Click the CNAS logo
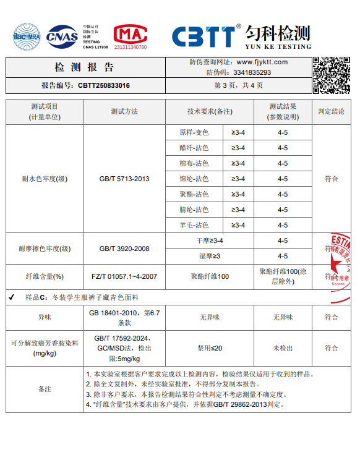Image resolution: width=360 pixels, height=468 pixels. coord(62,36)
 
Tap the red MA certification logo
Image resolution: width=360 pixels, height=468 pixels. coord(131,36)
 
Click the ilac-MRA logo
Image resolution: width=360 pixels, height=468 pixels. coord(26,36)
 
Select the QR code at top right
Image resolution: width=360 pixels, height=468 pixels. coord(332,75)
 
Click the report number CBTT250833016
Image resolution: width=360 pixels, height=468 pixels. coord(104,86)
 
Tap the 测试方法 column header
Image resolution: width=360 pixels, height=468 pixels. coord(124,111)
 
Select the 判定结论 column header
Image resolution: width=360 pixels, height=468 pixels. coord(331,111)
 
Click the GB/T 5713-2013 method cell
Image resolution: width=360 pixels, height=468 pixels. coord(124,179)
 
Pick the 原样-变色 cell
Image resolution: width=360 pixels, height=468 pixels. coord(194,132)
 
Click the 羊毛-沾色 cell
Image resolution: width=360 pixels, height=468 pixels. coord(194,225)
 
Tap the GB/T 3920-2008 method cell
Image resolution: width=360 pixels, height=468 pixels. coord(124,249)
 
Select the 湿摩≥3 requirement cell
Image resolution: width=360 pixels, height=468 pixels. coord(209,256)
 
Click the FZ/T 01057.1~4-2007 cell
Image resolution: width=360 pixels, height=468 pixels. coord(124,276)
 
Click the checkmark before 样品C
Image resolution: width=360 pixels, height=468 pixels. coord(12,297)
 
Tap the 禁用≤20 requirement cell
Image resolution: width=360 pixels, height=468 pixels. coord(209,348)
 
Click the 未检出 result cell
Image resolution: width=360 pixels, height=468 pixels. coord(283,348)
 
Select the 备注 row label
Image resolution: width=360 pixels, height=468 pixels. coord(45,389)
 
